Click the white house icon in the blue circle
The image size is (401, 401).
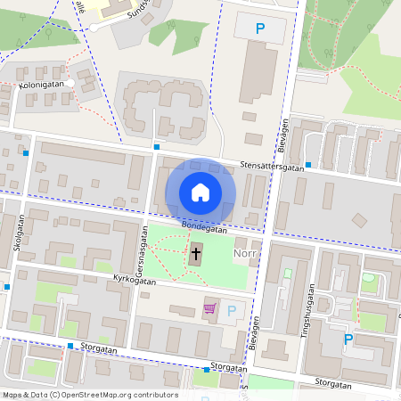coord(200,192)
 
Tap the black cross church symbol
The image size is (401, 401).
coord(195,256)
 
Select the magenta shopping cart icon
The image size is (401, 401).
coord(210,309)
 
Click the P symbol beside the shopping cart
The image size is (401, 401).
coord(232,311)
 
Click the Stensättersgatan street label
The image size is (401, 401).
coord(273,166)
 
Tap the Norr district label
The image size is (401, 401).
coord(244,254)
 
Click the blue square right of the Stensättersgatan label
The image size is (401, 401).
coord(307,165)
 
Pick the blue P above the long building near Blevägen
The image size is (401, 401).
coord(260,29)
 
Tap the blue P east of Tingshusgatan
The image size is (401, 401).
coord(348,339)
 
